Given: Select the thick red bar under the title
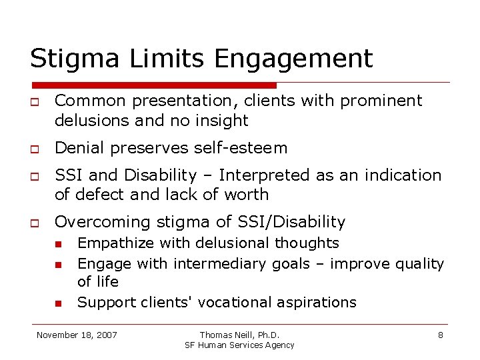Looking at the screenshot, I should tap(153, 85).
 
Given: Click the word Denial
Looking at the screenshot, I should tap(77, 148).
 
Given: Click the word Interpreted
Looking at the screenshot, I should tap(261, 175).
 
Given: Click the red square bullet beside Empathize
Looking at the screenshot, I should tap(59, 244).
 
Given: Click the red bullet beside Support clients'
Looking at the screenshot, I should tap(59, 303).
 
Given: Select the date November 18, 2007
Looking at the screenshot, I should tap(77, 335).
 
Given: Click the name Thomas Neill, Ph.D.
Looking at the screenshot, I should tap(239, 335).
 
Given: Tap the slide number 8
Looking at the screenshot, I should tap(440, 335).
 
